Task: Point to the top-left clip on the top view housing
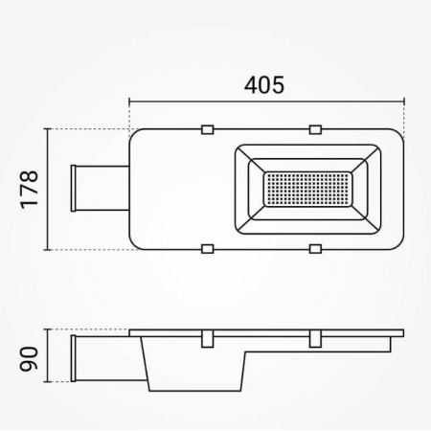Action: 206,129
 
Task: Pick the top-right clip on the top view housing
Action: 315,129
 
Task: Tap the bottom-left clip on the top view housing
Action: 206,250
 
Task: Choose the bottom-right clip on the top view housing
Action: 315,250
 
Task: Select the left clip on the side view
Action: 206,339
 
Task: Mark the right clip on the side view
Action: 315,339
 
